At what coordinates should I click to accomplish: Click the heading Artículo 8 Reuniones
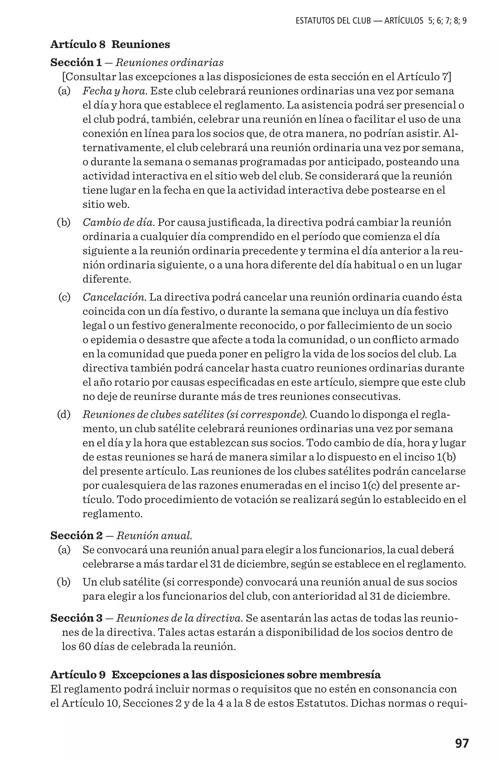tap(110, 44)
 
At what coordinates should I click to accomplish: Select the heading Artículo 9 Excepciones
tap(215, 675)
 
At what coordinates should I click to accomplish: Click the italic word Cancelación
tap(114, 297)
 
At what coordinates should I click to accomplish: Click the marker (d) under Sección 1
tap(64, 415)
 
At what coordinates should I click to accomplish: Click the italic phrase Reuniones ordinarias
tap(169, 63)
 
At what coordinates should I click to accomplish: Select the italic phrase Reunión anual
tap(154, 535)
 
